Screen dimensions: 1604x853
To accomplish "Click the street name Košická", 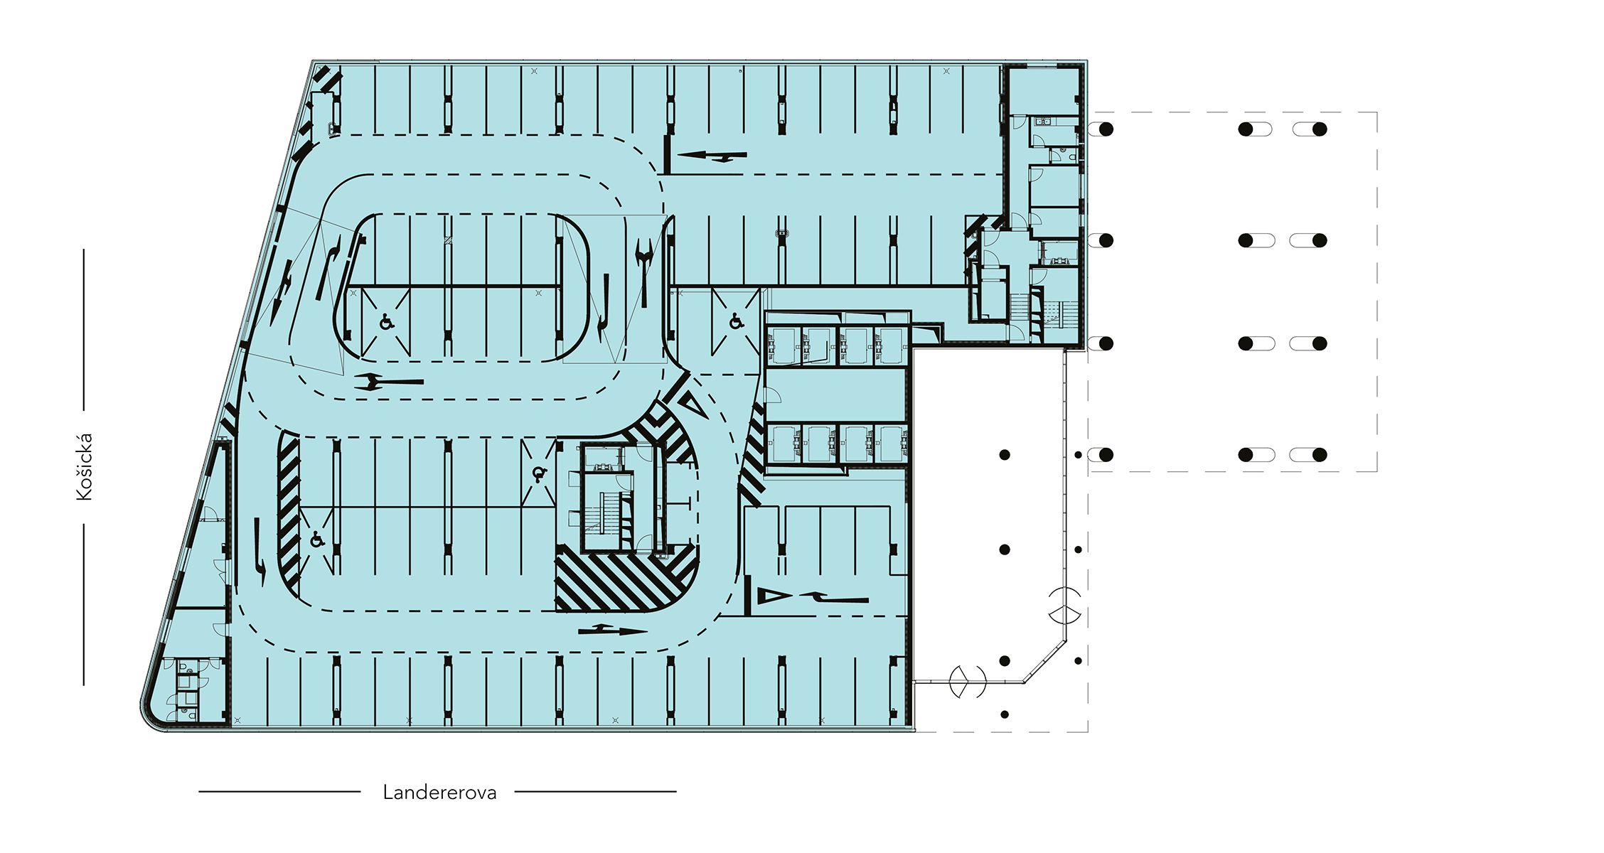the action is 85,467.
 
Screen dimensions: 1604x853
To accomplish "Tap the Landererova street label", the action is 439,792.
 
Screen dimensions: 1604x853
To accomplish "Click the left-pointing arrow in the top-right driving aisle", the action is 712,156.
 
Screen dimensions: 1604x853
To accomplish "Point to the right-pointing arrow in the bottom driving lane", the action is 613,630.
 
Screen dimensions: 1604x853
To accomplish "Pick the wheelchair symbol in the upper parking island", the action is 387,323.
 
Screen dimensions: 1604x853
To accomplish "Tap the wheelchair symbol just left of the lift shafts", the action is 736,323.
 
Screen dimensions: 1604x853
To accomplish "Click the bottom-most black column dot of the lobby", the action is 1005,714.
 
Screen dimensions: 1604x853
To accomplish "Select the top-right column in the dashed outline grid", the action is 1320,129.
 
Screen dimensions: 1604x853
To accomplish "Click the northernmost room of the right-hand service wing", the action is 1044,90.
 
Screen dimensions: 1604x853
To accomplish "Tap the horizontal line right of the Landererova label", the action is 595,791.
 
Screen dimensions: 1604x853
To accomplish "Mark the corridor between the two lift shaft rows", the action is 836,395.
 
